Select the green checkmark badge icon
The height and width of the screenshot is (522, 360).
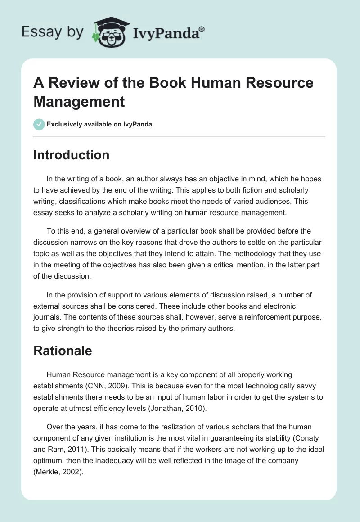coord(39,125)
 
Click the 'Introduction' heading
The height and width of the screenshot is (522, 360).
coord(72,155)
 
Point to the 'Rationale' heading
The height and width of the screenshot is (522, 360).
coord(63,351)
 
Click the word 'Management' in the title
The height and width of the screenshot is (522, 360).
coord(79,102)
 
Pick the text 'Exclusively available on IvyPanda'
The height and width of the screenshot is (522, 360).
coord(100,125)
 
